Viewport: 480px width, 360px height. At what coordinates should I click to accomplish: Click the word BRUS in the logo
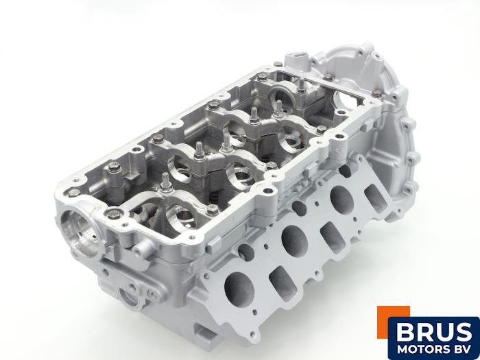click(x=434, y=332)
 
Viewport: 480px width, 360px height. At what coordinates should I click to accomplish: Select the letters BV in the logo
click(x=462, y=350)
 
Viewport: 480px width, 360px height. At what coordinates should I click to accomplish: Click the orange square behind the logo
click(x=393, y=318)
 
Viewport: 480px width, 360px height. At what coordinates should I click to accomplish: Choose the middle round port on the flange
click(x=294, y=241)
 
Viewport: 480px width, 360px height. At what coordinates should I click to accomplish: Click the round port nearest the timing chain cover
click(x=342, y=198)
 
